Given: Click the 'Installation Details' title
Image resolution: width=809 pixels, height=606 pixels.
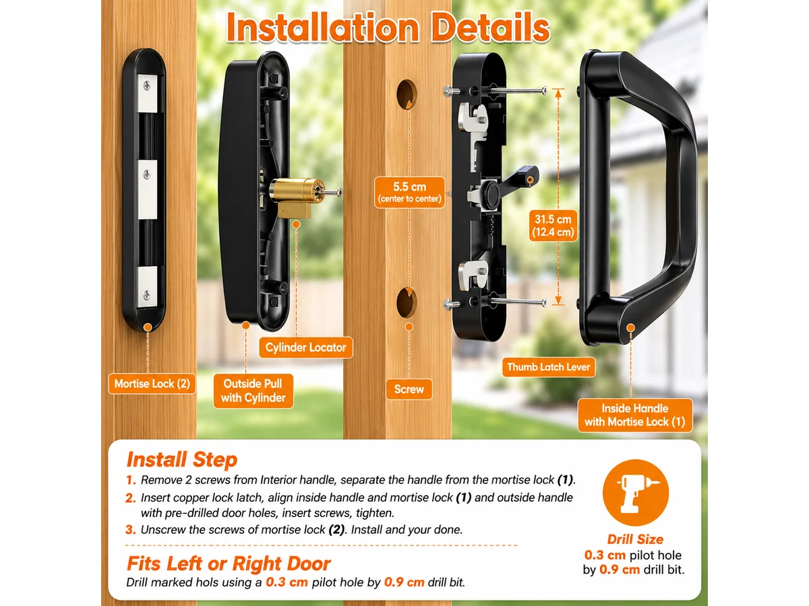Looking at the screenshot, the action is click(x=388, y=27).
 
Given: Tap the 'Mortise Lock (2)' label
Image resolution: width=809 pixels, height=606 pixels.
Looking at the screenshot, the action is click(x=152, y=384).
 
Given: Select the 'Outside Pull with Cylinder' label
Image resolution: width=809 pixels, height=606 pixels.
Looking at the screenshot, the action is click(x=253, y=391).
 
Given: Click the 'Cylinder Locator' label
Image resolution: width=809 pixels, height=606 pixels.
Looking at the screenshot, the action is click(x=305, y=347).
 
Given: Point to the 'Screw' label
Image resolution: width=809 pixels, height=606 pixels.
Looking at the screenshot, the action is click(x=409, y=389).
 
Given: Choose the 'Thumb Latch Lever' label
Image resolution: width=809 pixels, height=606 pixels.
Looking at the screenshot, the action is click(x=548, y=367).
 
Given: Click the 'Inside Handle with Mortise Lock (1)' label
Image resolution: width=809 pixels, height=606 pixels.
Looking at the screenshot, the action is click(x=634, y=415).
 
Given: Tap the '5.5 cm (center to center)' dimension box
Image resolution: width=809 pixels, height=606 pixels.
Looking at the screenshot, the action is click(x=409, y=193).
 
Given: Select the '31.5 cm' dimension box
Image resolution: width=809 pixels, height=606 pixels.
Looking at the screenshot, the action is click(x=553, y=225).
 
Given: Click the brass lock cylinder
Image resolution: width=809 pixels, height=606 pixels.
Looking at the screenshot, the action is click(x=295, y=197).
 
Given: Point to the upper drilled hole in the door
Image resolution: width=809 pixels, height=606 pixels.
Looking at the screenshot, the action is click(x=407, y=94).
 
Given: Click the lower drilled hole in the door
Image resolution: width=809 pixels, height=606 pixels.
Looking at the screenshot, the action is click(x=407, y=302).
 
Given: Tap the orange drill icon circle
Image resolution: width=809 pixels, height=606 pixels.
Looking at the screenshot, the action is click(x=636, y=492).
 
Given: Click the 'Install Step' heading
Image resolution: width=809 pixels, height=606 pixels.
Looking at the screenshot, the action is click(x=182, y=460).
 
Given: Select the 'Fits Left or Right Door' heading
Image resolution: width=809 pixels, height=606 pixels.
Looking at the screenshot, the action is click(x=229, y=564).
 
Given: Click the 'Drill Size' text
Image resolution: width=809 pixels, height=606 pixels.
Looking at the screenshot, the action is click(x=635, y=539).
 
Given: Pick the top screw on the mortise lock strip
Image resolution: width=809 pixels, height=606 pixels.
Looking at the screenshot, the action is click(x=147, y=86).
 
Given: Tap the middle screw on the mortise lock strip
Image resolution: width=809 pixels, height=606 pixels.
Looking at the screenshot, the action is click(x=147, y=175).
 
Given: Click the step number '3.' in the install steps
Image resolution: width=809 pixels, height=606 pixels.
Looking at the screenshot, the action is click(x=131, y=530).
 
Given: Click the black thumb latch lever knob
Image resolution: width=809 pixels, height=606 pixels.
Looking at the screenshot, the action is click(x=491, y=192).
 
